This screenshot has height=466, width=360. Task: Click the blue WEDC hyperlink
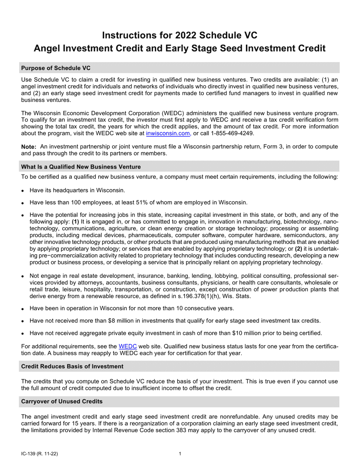(128, 346)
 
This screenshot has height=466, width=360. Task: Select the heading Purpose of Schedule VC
(56, 68)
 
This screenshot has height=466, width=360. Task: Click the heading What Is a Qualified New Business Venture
(81, 167)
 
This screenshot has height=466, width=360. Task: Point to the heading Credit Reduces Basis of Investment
(72, 366)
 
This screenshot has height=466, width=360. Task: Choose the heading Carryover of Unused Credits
(61, 401)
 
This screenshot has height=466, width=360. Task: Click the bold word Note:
(29, 147)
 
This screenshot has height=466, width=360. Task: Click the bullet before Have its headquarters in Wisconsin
(23, 191)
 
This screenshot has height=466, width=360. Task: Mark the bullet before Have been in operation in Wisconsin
(23, 309)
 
